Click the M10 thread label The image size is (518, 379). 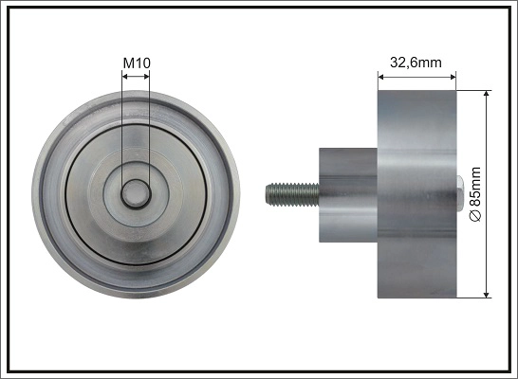coord(138,64)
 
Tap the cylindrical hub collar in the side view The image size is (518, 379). coord(347,195)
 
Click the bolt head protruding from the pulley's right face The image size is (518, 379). coord(460,195)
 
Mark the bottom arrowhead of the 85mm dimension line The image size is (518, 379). coord(487,294)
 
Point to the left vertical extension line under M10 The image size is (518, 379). coord(123,133)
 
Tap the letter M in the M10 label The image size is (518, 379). coord(129,64)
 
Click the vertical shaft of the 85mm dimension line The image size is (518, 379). coord(487,142)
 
